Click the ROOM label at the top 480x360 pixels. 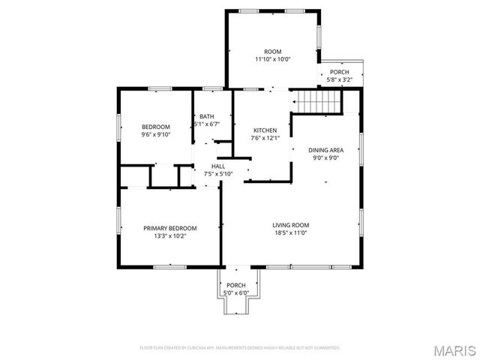pyautogui.click(x=272, y=52)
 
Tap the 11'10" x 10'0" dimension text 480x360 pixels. pyautogui.click(x=272, y=59)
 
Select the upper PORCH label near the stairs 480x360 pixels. pyautogui.click(x=340, y=72)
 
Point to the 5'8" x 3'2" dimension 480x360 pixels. pyautogui.click(x=340, y=79)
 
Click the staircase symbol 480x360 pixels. pyautogui.click(x=316, y=101)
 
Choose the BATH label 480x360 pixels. pyautogui.click(x=206, y=116)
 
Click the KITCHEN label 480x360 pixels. pyautogui.click(x=264, y=130)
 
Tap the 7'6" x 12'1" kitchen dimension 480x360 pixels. pyautogui.click(x=264, y=137)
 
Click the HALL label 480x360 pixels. pyautogui.click(x=217, y=166)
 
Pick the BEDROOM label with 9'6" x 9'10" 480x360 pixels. pyautogui.click(x=156, y=127)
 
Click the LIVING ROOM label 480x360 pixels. pyautogui.click(x=290, y=225)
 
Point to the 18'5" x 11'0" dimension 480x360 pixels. pyautogui.click(x=290, y=232)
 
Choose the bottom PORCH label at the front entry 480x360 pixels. pyautogui.click(x=236, y=285)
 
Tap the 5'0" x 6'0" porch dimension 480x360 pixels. pyautogui.click(x=236, y=292)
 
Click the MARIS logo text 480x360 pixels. pyautogui.click(x=455, y=349)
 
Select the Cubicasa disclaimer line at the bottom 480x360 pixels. pyautogui.click(x=240, y=348)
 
